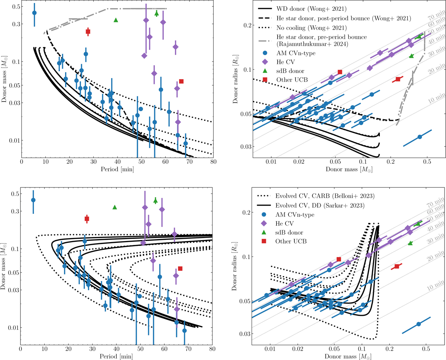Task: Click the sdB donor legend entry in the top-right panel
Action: click(290, 71)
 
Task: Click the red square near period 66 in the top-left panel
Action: click(181, 81)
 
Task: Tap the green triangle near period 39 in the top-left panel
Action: click(116, 20)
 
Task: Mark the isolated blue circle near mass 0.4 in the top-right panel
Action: click(420, 137)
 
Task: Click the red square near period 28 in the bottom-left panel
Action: click(87, 219)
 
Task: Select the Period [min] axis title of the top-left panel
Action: click(117, 171)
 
